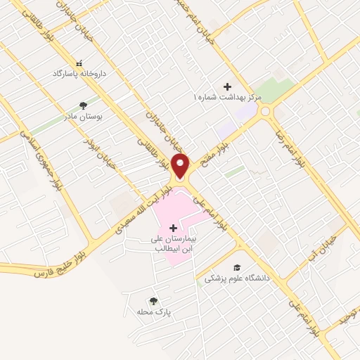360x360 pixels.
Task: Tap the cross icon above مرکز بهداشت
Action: [227, 85]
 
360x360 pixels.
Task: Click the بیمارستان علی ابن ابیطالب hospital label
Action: [173, 243]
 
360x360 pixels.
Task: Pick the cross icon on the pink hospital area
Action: [174, 228]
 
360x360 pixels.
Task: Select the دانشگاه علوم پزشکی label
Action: [238, 278]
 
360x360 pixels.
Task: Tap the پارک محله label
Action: [154, 311]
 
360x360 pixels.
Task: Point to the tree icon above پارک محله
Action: [153, 301]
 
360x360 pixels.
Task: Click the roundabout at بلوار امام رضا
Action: [266, 110]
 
